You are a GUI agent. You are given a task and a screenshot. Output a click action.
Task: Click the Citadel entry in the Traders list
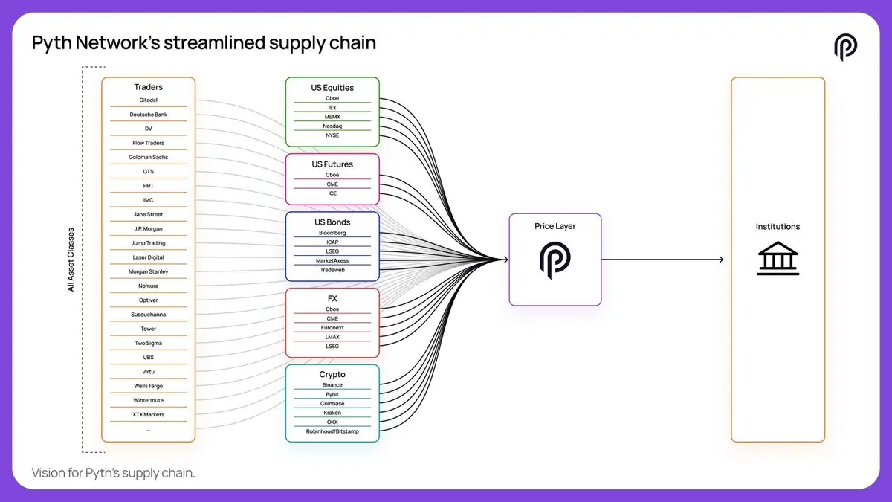148,100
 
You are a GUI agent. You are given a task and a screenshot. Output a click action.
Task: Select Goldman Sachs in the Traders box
148,158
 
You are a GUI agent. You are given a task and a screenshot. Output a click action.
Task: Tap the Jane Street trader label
148,215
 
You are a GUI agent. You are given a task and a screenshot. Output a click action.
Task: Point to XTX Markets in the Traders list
148,415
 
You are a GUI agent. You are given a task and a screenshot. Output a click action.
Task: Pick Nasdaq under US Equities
332,126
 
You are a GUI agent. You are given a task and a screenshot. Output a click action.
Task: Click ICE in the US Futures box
332,193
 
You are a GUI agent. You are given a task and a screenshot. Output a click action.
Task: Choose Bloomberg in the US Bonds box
332,233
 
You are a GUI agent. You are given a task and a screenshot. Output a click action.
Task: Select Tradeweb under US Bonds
332,270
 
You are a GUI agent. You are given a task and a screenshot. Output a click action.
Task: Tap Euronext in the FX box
332,328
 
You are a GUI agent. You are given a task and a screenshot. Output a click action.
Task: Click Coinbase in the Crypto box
332,404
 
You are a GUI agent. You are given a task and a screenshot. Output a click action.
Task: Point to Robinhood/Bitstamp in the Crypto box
332,431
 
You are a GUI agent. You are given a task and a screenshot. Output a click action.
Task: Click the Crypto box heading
332,375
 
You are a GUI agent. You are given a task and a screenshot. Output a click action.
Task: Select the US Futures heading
332,164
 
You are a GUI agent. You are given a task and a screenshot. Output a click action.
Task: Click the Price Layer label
555,226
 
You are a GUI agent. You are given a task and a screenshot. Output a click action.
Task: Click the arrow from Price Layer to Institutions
662,260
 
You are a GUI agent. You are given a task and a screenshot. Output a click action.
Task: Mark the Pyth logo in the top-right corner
845,47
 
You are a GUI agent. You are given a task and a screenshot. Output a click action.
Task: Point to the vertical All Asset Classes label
71,260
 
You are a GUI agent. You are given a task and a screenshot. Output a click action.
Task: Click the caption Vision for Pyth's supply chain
113,473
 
